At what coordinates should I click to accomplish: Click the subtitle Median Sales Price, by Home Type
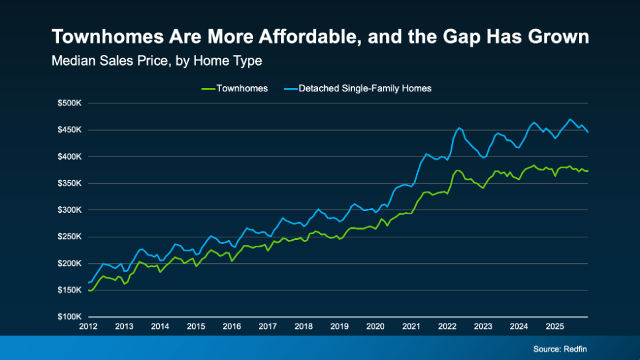[x=156, y=61]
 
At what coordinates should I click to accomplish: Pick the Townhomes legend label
[x=242, y=88]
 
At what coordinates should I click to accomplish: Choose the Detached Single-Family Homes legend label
[x=365, y=88]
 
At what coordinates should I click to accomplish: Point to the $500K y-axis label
[x=70, y=103]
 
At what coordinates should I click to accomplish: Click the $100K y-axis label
[x=70, y=317]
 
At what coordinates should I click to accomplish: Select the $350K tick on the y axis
[x=70, y=184]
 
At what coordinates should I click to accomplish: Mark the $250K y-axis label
[x=70, y=237]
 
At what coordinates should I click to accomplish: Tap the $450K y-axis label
[x=70, y=130]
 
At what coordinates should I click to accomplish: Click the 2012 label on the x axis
[x=88, y=327]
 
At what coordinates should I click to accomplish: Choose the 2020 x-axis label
[x=375, y=327]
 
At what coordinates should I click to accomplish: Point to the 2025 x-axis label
[x=555, y=327]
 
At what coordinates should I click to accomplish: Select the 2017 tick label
[x=268, y=327]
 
